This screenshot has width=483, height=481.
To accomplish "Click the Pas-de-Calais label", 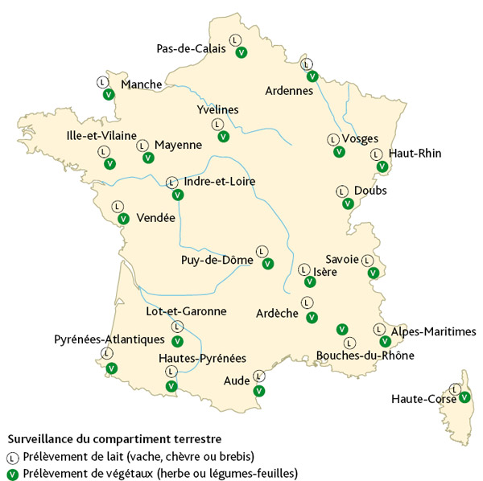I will coord(191,49).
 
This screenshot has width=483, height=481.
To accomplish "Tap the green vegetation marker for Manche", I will coord(108,94).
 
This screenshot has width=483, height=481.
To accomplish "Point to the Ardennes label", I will coord(289,91).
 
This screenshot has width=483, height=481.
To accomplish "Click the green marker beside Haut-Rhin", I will coord(382,167).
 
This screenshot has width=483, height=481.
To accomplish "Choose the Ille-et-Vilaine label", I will coord(101,136).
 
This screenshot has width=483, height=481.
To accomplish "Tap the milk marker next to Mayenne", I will coord(142,146).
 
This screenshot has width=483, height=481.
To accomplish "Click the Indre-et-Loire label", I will coord(220,182).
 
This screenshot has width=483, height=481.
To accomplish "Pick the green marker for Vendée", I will coord(123,218).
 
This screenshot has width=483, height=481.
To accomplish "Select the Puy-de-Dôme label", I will coord(217,261).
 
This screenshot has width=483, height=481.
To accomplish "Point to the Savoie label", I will coord(342,258).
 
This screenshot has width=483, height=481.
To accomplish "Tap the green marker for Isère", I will coord(310,282).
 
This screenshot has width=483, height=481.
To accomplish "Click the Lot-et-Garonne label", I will coord(186,310).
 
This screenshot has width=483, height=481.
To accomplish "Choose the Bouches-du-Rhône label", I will coord(365,355).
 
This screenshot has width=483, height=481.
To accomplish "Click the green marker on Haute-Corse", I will coord(464,397).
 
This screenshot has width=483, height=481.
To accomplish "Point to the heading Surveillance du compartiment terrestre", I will coord(114,439).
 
